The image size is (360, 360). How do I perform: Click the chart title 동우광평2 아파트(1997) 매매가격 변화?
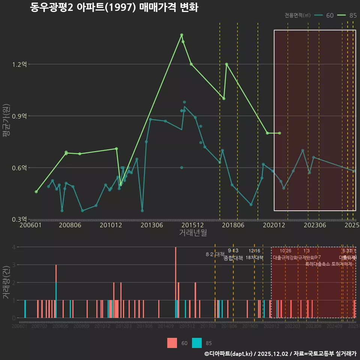[114, 8]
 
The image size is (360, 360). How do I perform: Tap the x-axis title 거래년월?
[193, 233]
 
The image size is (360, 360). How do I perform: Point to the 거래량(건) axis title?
[6, 282]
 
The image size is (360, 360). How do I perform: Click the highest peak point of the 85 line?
[181, 35]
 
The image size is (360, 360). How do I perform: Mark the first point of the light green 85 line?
[36, 192]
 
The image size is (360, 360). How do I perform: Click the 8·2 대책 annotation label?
[215, 254]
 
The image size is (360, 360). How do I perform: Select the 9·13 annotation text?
[233, 250]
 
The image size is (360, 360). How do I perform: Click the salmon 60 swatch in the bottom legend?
[172, 343]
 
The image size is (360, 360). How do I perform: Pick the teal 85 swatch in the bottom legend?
[197, 343]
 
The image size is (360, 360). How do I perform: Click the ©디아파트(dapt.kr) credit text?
[229, 354]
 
